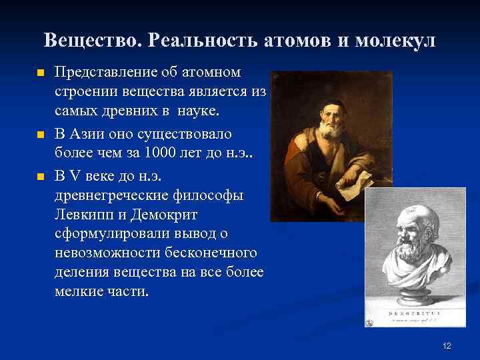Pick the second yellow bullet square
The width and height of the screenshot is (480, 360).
point(40,135)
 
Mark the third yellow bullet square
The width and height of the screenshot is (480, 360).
point(40,177)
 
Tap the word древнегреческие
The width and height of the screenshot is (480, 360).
point(109,196)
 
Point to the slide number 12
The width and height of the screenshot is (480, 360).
point(447,345)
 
